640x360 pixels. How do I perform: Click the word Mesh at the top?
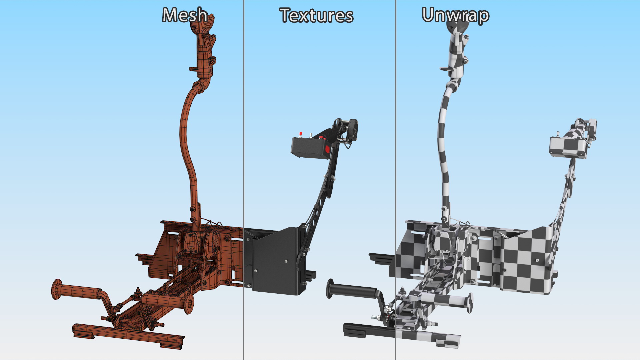[x=185, y=15]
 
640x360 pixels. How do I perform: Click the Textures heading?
[x=316, y=16]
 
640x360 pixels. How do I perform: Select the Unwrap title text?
[x=455, y=16]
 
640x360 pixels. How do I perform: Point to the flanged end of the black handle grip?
[x=330, y=289]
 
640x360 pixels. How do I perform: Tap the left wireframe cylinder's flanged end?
[x=57, y=289]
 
